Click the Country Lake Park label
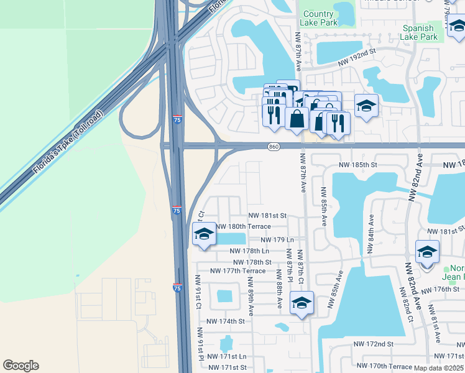pos(319,19)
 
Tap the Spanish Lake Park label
pos(420,32)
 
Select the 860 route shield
pos(274,147)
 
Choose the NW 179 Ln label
pos(277,239)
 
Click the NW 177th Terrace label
pos(237,270)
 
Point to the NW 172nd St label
pos(374,344)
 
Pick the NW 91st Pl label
pos(201,344)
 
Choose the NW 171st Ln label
pos(226,356)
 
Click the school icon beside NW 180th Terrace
pos(204,234)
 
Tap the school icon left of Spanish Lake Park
pos(366,106)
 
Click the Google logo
pos(21,366)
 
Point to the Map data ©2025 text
pos(439,368)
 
